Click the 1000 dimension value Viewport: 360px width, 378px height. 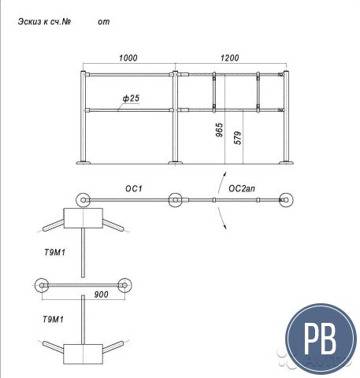[128, 57]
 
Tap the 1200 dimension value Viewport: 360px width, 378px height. [230, 57]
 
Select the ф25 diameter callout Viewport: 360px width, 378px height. [131, 98]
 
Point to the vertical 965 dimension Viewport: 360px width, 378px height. [219, 130]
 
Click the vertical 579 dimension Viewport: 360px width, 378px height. [237, 138]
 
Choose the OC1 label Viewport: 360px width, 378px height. [134, 188]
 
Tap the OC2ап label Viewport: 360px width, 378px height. [242, 188]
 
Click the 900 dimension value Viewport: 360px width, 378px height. [101, 295]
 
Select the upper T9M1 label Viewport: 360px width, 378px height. [54, 253]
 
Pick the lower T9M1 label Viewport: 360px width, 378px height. [53, 320]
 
